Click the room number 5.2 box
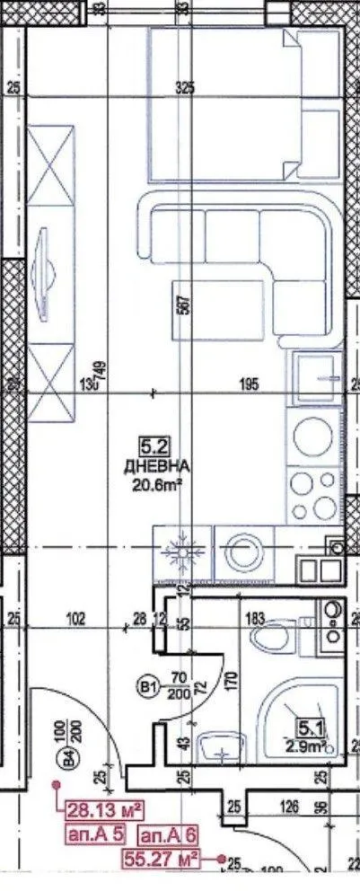(151, 444)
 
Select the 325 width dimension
(185, 88)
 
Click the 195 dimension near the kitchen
(249, 384)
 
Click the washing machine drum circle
(242, 553)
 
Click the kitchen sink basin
(314, 372)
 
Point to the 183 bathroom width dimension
(256, 617)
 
